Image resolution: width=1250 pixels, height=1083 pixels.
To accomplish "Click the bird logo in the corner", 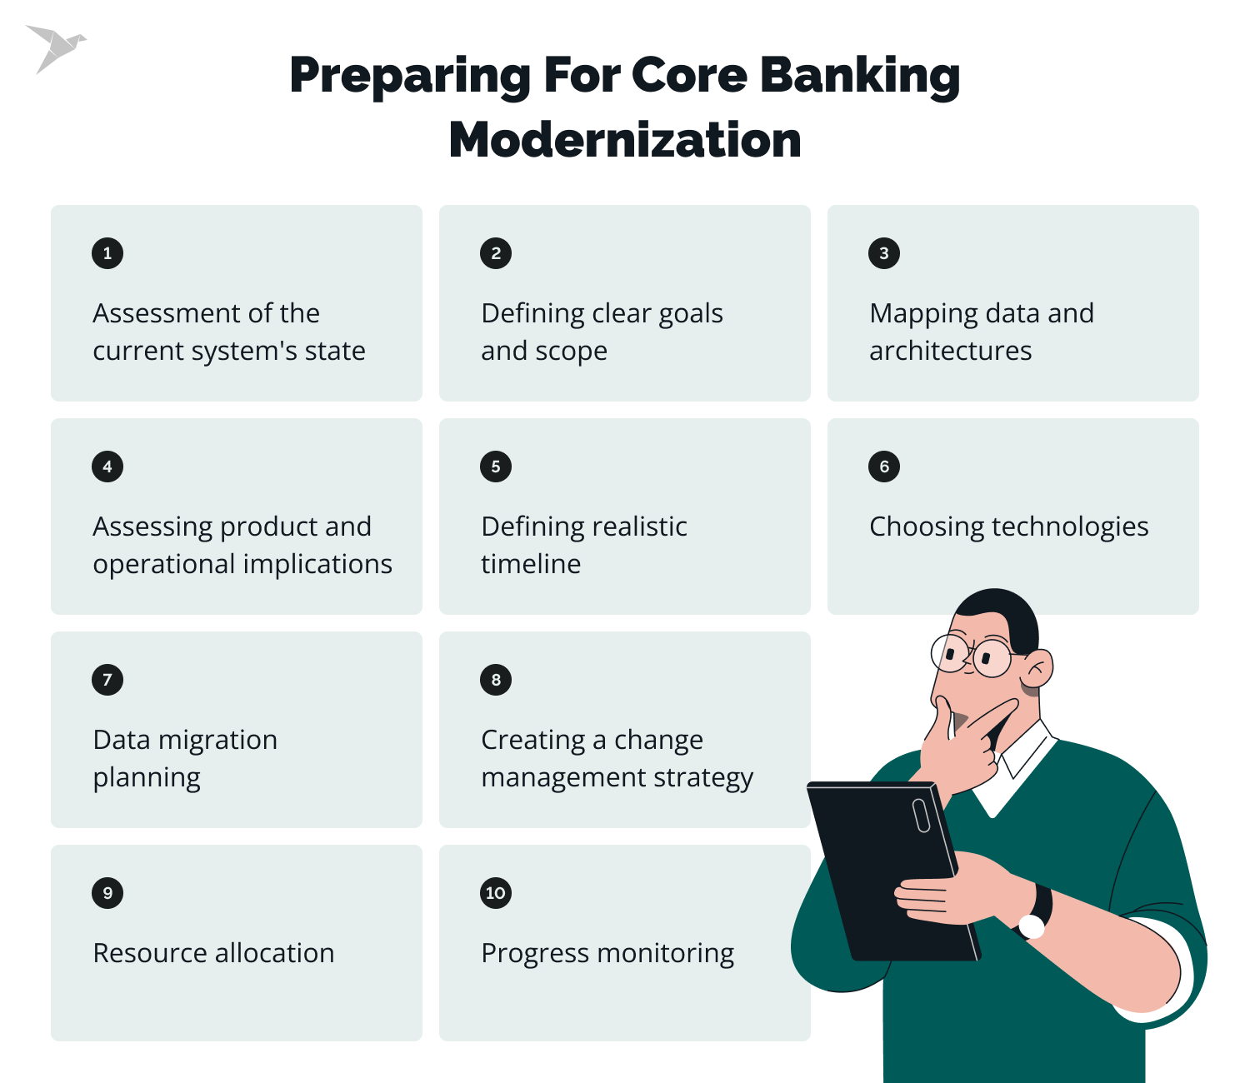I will pyautogui.click(x=54, y=47).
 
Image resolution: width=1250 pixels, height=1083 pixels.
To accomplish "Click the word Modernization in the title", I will pyautogui.click(x=625, y=140).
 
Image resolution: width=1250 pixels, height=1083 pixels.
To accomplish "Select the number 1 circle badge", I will pyautogui.click(x=107, y=253).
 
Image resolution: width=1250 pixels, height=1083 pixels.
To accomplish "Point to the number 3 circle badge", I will pyautogui.click(x=884, y=253).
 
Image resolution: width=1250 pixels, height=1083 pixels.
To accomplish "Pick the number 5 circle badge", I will pyautogui.click(x=496, y=467).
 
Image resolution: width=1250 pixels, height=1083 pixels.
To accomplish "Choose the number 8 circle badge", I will pyautogui.click(x=496, y=680).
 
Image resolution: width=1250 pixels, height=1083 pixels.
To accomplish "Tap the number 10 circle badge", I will pyautogui.click(x=496, y=893).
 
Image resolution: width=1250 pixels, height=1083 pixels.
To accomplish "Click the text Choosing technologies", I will pyautogui.click(x=1008, y=527).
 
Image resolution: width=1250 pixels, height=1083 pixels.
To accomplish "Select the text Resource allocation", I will pyautogui.click(x=213, y=953).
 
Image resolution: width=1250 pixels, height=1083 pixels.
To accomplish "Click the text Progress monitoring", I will pyautogui.click(x=607, y=953).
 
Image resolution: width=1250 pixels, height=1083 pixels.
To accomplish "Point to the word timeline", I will pyautogui.click(x=531, y=564).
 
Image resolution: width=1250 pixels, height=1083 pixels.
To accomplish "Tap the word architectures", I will pyautogui.click(x=950, y=351).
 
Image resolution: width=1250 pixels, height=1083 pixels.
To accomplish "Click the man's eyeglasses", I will pyautogui.click(x=971, y=655).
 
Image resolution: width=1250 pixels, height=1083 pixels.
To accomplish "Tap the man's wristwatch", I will pyautogui.click(x=1036, y=915).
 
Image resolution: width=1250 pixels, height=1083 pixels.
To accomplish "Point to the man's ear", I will pyautogui.click(x=1037, y=669).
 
